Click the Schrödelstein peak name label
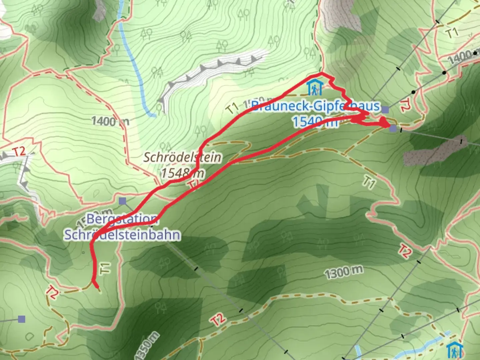tap(182, 157)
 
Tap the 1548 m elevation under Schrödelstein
tap(182, 173)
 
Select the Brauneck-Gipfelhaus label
tap(315, 106)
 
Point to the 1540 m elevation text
tap(315, 122)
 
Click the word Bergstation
tap(122, 219)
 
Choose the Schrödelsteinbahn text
tap(122, 235)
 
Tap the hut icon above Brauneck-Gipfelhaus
tap(314, 87)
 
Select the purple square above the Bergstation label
tap(122, 201)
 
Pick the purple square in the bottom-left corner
tap(22, 319)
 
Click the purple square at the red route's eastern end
tap(393, 128)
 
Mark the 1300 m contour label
tap(343, 273)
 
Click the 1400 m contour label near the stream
tap(110, 121)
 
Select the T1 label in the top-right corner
tap(452, 33)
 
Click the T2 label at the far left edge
tap(19, 151)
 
